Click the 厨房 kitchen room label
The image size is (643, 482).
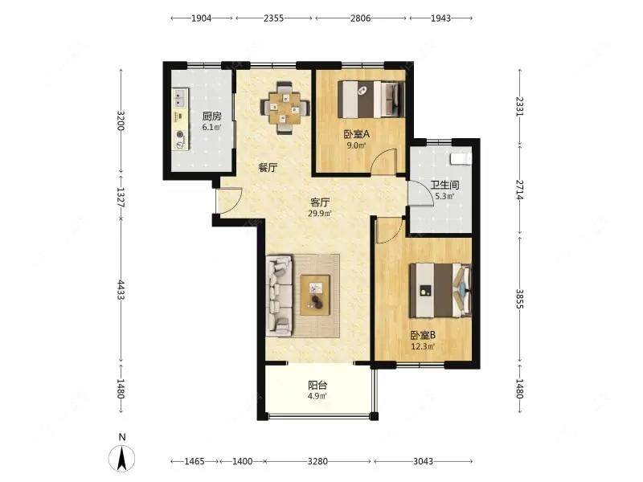(x=211, y=116)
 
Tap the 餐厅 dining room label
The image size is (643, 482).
(x=268, y=167)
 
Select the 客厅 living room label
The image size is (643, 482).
(x=320, y=202)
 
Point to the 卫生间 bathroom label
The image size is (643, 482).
(x=444, y=186)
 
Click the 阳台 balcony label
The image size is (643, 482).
(x=317, y=386)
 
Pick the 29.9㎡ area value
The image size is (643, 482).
(x=320, y=213)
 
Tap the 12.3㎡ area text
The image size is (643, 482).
(x=424, y=347)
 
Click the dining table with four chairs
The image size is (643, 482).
(x=285, y=108)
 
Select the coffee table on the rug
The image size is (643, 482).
(x=315, y=295)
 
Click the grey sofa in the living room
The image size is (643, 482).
(x=279, y=295)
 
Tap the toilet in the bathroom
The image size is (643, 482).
(x=461, y=158)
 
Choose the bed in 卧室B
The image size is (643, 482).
(x=440, y=290)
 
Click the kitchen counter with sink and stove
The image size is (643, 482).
(x=180, y=119)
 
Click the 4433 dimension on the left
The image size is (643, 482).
(x=121, y=290)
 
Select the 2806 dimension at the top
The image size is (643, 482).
(x=360, y=18)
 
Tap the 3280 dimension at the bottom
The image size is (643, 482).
(x=317, y=461)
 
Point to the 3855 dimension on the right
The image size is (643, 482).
(x=519, y=299)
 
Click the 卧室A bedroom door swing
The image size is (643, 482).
(x=383, y=162)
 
